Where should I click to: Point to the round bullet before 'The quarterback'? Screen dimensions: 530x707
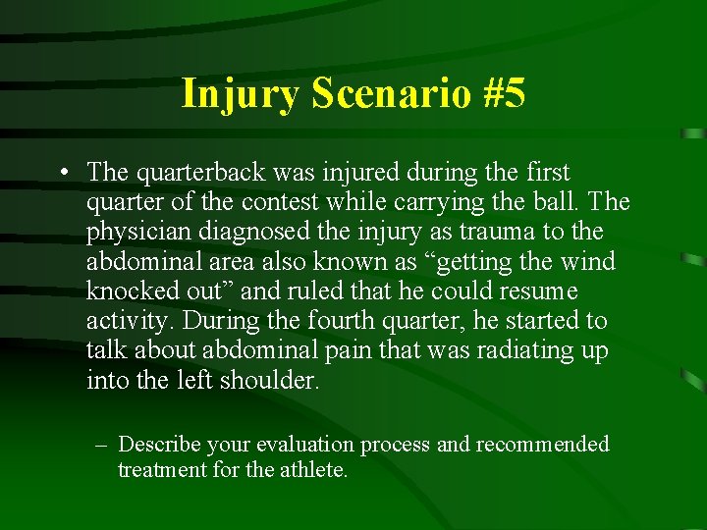[x=62, y=174]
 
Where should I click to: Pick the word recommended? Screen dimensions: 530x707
[x=543, y=445]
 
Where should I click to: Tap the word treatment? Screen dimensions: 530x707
[x=162, y=470]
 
